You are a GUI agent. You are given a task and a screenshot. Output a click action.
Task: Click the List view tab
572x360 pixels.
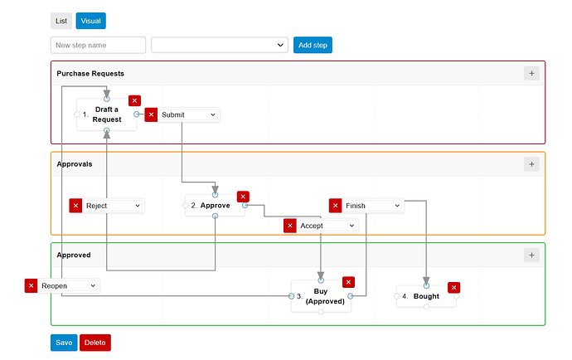point(61,21)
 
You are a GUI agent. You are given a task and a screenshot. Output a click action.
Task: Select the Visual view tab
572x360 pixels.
point(91,21)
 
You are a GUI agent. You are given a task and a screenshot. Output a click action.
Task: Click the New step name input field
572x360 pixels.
point(98,45)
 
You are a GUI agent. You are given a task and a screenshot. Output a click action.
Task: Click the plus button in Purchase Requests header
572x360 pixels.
point(531,73)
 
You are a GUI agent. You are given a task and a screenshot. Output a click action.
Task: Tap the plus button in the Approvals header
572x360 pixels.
point(531,164)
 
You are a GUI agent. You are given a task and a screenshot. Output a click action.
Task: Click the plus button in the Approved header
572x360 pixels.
point(531,255)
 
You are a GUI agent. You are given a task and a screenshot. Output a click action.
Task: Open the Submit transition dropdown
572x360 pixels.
point(189,114)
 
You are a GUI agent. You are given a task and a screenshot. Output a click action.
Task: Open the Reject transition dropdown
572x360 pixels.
point(113,206)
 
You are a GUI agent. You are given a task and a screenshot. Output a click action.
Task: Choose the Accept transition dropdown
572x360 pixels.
point(327,226)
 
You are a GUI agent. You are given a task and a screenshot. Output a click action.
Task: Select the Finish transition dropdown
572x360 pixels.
point(373,206)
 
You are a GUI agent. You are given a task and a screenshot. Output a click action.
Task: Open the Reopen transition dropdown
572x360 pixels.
point(69,285)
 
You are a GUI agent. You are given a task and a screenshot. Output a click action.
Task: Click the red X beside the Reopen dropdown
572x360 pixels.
point(31,285)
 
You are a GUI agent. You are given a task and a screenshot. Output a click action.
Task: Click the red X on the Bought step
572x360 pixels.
point(453,287)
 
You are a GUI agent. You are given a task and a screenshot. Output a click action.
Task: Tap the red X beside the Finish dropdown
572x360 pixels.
point(335,206)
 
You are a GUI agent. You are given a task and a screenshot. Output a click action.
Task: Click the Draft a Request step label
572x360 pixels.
point(106,114)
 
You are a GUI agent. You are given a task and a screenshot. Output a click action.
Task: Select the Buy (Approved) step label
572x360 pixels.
point(325,296)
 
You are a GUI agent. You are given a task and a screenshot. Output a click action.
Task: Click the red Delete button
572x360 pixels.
point(95,343)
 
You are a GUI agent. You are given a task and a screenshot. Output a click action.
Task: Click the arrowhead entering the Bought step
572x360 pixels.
point(426,280)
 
